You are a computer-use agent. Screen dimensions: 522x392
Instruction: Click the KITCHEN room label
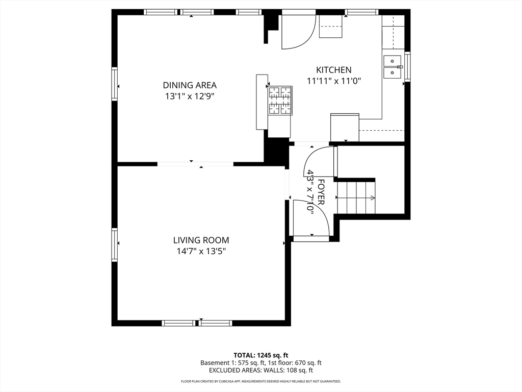[x=333, y=70]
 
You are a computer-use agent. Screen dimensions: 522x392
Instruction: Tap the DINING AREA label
[x=190, y=85]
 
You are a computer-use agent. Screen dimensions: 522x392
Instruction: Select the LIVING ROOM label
[x=201, y=240]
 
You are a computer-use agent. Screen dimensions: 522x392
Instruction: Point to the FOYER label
[x=321, y=192]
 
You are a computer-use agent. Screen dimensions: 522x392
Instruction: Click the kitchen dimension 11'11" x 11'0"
[x=334, y=81]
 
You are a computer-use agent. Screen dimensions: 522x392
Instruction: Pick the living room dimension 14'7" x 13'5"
[x=201, y=251]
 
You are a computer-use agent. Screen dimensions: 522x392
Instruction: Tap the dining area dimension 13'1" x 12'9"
[x=190, y=96]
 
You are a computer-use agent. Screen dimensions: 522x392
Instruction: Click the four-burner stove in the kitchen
[x=280, y=101]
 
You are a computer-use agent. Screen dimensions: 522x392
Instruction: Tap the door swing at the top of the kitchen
[x=299, y=32]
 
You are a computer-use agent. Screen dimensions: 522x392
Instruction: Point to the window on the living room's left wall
[x=115, y=244]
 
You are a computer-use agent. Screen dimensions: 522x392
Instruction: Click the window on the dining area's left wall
[x=115, y=84]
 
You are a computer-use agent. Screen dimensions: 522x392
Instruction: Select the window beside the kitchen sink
[x=407, y=66]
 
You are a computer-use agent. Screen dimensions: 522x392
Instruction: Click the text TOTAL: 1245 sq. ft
[x=260, y=355]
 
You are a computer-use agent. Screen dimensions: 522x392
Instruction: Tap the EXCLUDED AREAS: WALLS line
[x=260, y=371]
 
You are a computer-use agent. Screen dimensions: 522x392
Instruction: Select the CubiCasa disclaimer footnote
[x=260, y=381]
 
